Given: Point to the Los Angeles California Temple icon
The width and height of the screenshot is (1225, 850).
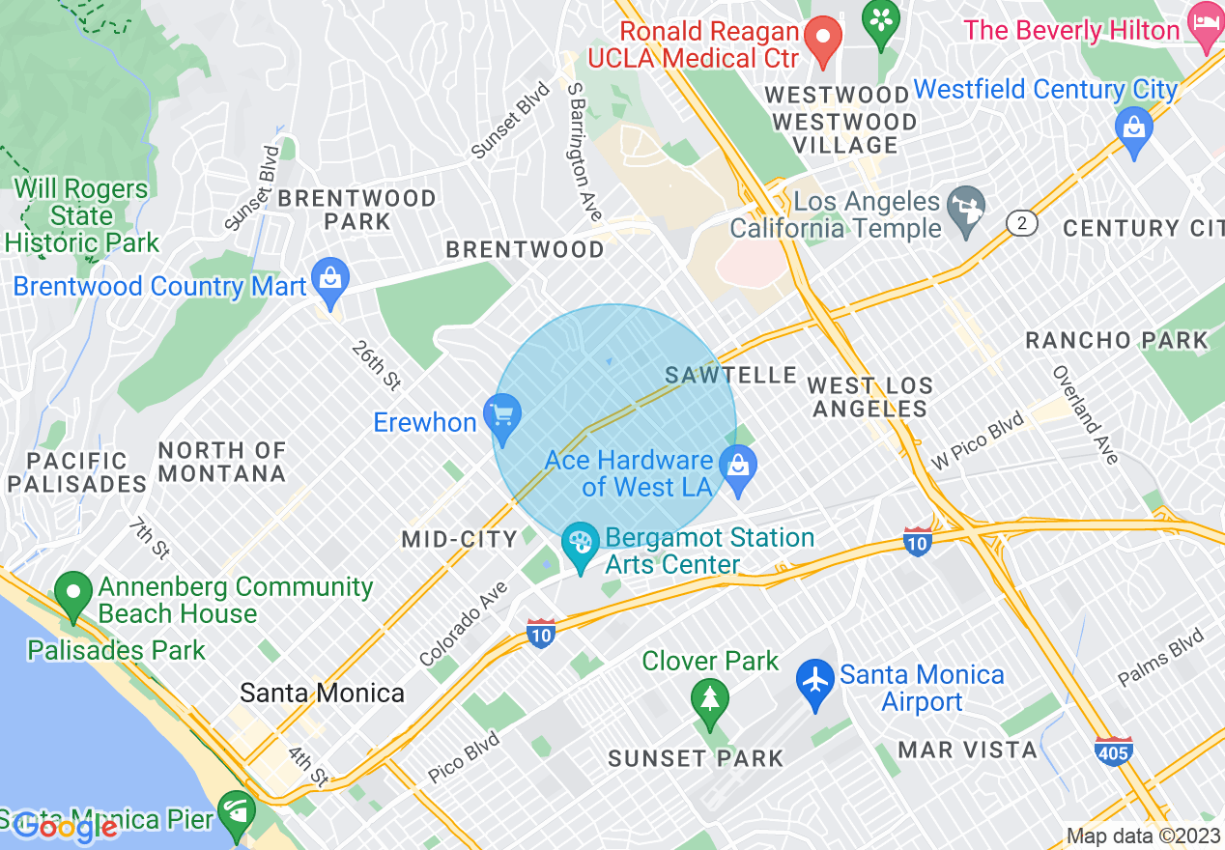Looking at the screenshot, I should tap(965, 213).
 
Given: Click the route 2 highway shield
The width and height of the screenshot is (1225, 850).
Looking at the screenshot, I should tap(1021, 223).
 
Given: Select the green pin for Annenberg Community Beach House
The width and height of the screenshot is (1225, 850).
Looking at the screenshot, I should tap(72, 597).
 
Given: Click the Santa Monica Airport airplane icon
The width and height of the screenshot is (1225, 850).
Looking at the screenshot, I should tap(816, 683).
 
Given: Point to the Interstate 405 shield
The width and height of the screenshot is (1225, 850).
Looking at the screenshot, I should tap(1114, 750).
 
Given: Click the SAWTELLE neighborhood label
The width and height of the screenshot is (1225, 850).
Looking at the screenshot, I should tap(731, 375).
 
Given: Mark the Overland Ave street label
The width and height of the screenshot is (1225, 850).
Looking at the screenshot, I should tap(1085, 414).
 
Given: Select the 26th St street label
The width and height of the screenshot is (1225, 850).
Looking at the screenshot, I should tap(377, 365).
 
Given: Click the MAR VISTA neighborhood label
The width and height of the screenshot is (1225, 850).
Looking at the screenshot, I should tap(967, 750).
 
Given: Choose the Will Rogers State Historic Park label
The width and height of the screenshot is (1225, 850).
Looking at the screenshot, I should tap(81, 215).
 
